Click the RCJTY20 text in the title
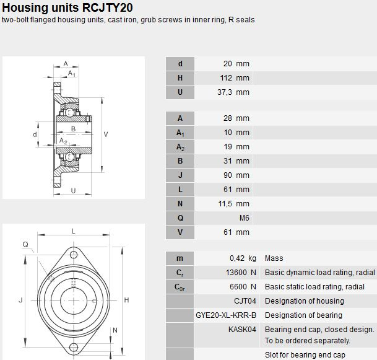[x=108, y=7]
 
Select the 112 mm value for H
[x=235, y=78]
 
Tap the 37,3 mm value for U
[x=233, y=92]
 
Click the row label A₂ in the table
[x=180, y=147]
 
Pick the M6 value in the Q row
[x=245, y=218]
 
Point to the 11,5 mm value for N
[x=234, y=204]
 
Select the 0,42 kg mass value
[x=243, y=258]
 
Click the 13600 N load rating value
[x=241, y=273]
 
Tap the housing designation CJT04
[x=245, y=301]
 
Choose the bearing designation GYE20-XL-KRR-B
[x=226, y=315]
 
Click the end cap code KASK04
[x=242, y=330]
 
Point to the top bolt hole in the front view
[x=74, y=255]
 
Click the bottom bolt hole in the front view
[x=74, y=347]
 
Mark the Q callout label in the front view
[x=25, y=245]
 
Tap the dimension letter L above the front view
[x=73, y=231]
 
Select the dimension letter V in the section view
[x=106, y=134]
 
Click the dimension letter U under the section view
[x=73, y=191]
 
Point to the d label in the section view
[x=35, y=134]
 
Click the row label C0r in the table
[x=180, y=287]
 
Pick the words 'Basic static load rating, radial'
[x=314, y=287]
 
